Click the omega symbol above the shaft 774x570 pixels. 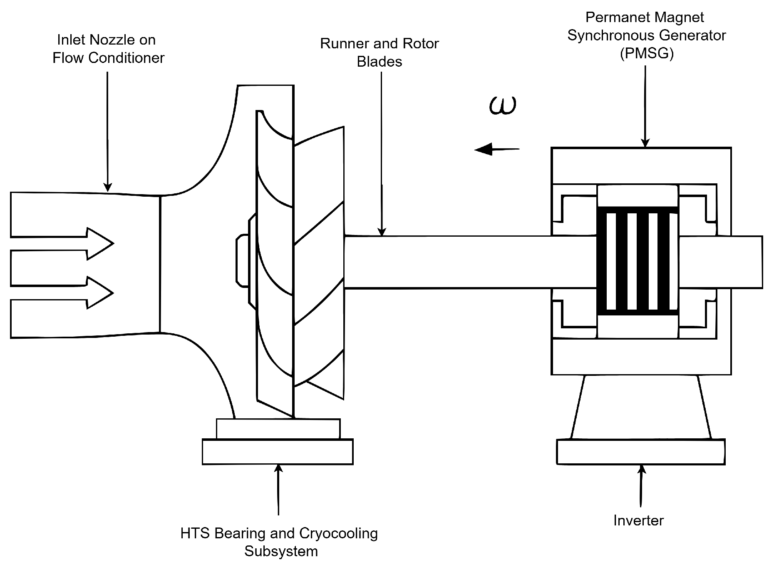click(x=503, y=106)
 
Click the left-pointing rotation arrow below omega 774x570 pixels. click(x=497, y=149)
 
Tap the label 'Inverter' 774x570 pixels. click(x=638, y=520)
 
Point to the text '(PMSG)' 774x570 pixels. click(x=647, y=54)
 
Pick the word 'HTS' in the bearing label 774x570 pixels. click(x=196, y=533)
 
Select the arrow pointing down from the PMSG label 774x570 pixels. click(x=645, y=107)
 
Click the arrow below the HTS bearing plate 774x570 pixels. click(x=278, y=490)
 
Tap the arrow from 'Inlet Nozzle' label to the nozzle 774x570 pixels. click(x=108, y=132)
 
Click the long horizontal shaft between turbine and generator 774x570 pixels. click(x=470, y=262)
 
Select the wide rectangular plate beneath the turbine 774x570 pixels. click(x=278, y=452)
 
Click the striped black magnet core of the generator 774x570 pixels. click(x=638, y=261)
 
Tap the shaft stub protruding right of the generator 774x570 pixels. click(x=721, y=262)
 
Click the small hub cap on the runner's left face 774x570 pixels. click(x=242, y=260)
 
